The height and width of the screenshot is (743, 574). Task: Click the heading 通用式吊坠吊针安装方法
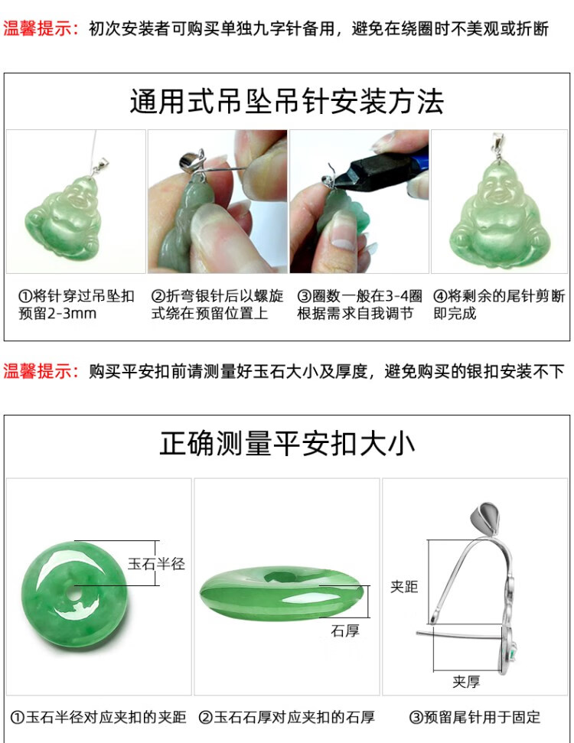tap(286, 102)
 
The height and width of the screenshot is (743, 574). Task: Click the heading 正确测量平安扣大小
tap(287, 444)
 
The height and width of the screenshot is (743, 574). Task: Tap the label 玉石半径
tap(156, 564)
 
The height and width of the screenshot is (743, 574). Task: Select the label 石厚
tap(344, 631)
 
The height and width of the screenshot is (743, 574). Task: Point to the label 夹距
tap(404, 587)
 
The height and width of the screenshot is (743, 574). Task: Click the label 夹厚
tap(466, 682)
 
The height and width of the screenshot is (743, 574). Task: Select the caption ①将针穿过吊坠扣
tap(77, 296)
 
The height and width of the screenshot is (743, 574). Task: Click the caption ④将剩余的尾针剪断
tap(499, 296)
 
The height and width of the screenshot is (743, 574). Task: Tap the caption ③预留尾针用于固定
tap(475, 718)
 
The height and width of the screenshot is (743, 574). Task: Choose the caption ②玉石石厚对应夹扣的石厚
tap(286, 718)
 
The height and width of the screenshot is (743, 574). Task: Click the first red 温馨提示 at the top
tap(42, 29)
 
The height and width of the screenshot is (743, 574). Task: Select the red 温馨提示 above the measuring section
tap(42, 371)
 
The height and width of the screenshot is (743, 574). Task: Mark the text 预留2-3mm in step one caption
tap(57, 314)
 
